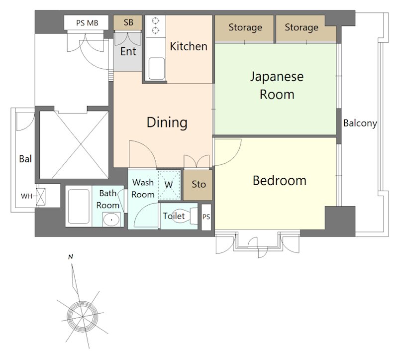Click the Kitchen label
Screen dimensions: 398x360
(x=189, y=46)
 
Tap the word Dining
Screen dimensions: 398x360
(x=167, y=122)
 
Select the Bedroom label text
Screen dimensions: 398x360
(x=280, y=181)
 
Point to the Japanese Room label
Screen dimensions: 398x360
(x=277, y=85)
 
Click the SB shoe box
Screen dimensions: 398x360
(x=128, y=22)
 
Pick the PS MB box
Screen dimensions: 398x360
(x=86, y=23)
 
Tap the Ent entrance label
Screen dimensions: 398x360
(x=128, y=52)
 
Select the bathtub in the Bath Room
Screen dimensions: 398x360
(x=79, y=206)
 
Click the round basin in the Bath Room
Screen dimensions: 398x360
(x=111, y=219)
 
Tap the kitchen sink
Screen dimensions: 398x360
(x=157, y=69)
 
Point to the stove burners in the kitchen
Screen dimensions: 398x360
(x=155, y=25)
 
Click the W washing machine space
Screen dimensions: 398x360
(x=169, y=185)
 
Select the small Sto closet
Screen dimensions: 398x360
(x=198, y=185)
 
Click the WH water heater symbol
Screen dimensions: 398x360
(x=41, y=197)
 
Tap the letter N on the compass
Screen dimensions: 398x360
(x=71, y=257)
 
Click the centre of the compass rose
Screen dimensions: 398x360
(x=82, y=317)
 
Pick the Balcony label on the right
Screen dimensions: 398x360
(x=360, y=123)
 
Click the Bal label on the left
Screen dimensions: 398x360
(x=25, y=159)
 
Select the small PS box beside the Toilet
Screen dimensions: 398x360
(x=206, y=217)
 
